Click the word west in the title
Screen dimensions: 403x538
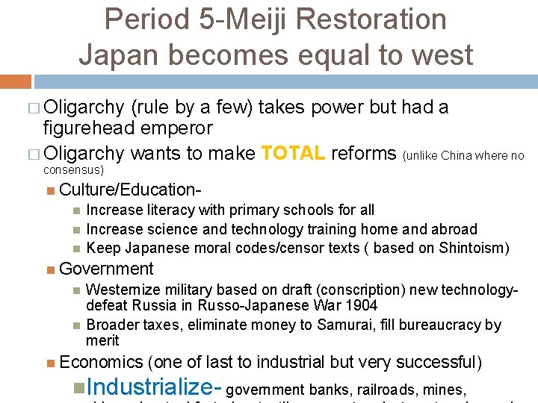pos(440,54)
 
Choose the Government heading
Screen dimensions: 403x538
pos(106,269)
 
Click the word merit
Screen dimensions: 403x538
pos(102,340)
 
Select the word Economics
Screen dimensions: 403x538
pos(101,363)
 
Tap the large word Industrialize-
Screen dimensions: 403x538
pos(154,387)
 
